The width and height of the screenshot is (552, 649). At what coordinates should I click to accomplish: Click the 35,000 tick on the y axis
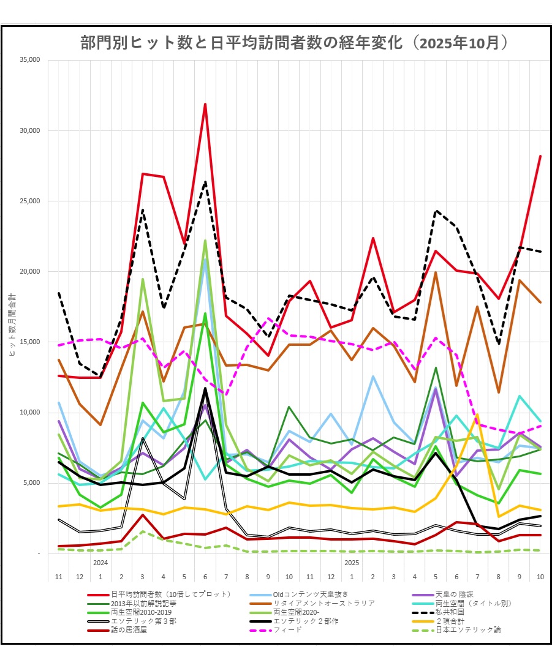[29, 60]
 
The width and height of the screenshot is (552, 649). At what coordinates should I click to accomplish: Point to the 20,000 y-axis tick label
[29, 271]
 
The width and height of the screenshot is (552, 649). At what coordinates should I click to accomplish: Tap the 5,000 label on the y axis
[31, 482]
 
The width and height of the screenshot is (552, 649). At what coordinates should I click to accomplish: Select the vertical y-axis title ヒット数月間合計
[14, 306]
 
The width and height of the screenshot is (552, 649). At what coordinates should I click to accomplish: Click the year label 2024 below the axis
[100, 562]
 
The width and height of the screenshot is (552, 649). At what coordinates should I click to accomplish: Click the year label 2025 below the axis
[352, 562]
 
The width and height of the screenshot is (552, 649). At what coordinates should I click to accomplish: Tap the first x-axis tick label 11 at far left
[59, 577]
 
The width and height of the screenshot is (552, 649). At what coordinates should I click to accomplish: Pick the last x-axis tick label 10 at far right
[540, 577]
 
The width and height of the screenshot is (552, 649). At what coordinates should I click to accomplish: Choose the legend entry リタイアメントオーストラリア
[324, 603]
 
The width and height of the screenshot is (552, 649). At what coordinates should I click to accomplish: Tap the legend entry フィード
[287, 629]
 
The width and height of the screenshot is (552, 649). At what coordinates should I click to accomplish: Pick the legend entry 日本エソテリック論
[468, 629]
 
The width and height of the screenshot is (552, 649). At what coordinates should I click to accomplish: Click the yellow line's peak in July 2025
[477, 415]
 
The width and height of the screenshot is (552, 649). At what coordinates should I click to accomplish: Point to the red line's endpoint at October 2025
[540, 156]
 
